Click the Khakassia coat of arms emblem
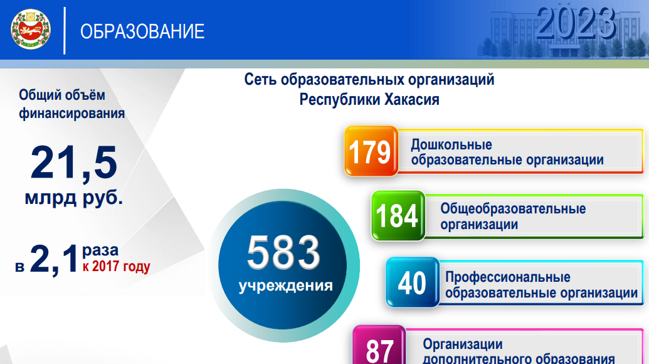31,29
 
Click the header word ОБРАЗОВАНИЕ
142,31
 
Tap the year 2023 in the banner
576,23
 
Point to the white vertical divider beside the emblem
65,31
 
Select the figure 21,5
74,163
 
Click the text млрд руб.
73,198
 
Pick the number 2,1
54,259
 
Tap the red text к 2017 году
116,266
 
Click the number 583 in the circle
283,252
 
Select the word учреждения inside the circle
285,286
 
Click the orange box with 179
371,151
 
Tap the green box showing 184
398,215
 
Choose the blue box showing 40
412,282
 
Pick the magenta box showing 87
379,346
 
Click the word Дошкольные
451,144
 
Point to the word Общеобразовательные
513,209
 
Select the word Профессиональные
508,277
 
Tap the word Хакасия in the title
412,99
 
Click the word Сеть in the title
260,79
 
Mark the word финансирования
72,114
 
